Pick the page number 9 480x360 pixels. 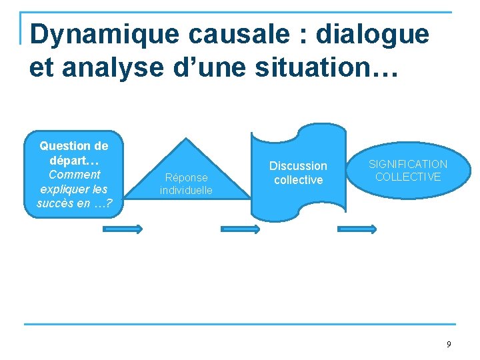click(x=449, y=345)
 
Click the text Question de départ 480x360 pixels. click(x=73, y=153)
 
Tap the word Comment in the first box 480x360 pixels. click(x=74, y=175)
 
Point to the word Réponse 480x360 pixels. click(x=186, y=178)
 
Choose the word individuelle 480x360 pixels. click(x=186, y=191)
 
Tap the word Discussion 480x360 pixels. click(x=298, y=166)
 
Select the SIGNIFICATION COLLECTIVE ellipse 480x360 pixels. click(x=408, y=170)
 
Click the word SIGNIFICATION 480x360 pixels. click(x=408, y=164)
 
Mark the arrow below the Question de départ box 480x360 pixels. click(x=122, y=229)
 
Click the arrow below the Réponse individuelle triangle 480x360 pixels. click(x=240, y=229)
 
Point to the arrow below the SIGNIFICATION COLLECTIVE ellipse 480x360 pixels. click(x=357, y=229)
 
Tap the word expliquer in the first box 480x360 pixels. click(x=73, y=189)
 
